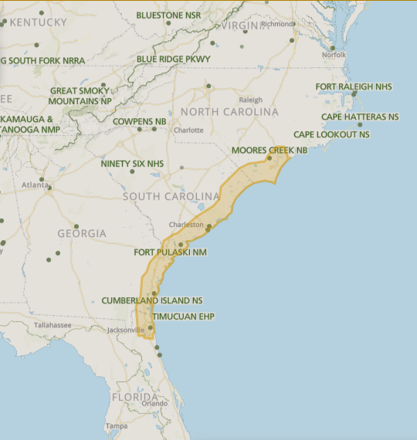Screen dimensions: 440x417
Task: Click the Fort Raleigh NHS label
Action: click(x=354, y=87)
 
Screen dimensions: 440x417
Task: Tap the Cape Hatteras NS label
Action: click(x=360, y=117)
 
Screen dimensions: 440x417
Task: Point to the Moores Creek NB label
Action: click(x=270, y=150)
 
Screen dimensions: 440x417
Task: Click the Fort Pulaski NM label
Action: click(x=170, y=252)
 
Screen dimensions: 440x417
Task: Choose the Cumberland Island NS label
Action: click(x=152, y=300)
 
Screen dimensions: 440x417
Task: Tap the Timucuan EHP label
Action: click(x=183, y=316)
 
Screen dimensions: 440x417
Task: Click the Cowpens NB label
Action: click(x=139, y=122)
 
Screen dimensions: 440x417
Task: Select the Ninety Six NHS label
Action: click(x=132, y=164)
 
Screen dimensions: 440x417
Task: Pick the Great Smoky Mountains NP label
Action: click(x=80, y=96)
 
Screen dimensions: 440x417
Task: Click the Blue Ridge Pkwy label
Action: click(x=173, y=59)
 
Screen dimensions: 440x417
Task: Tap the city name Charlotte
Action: click(x=189, y=130)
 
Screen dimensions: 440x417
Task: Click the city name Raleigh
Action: click(x=250, y=100)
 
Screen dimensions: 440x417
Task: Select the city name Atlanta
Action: click(x=34, y=184)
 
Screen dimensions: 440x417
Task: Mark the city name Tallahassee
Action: click(x=52, y=325)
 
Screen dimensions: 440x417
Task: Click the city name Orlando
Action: click(x=154, y=403)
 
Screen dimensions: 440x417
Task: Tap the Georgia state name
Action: click(x=82, y=233)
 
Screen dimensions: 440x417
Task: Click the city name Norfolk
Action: click(x=334, y=55)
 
